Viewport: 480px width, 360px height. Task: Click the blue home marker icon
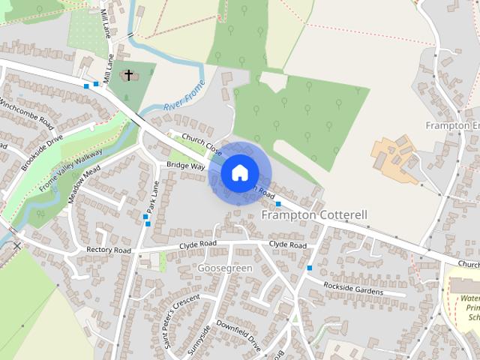point(238,172)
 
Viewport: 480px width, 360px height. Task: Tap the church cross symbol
point(128,75)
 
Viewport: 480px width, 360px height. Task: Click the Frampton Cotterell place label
point(314,215)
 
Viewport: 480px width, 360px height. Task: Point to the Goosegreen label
point(225,268)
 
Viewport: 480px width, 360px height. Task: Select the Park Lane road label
point(152,197)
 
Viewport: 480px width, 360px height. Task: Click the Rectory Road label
point(109,250)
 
